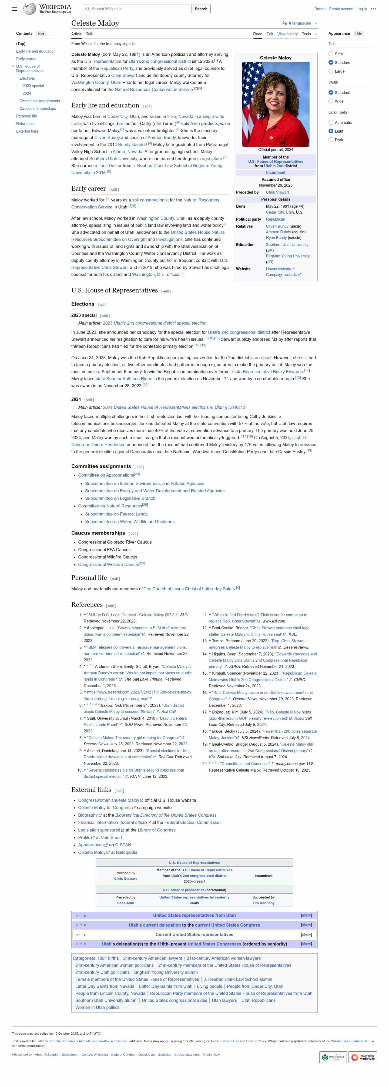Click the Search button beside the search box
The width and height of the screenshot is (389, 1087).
click(x=201, y=9)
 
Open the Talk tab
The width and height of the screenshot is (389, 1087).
click(x=89, y=34)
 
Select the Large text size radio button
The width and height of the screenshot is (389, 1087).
click(x=331, y=71)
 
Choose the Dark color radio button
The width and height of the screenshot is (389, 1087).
click(x=331, y=140)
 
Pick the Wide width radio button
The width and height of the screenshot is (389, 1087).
click(x=331, y=101)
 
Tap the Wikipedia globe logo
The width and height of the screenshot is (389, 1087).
click(x=29, y=9)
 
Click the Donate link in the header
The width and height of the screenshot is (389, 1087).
click(x=320, y=9)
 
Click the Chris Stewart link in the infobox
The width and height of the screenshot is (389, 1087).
click(x=277, y=192)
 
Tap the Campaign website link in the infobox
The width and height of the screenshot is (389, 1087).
click(x=281, y=275)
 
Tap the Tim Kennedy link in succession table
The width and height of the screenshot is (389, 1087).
click(x=263, y=903)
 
